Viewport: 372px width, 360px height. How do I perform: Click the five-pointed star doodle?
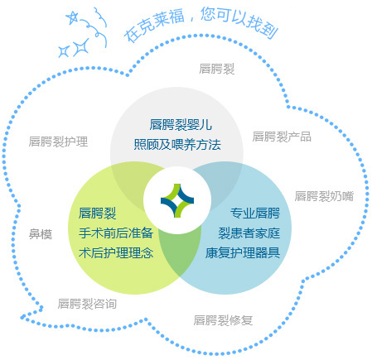click(x=73, y=17)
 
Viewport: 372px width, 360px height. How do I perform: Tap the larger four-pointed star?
click(x=81, y=46)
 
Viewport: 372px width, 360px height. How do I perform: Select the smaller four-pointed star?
click(x=64, y=51)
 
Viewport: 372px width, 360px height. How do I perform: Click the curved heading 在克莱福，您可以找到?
click(x=200, y=24)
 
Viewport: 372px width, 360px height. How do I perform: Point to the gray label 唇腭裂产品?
click(x=282, y=137)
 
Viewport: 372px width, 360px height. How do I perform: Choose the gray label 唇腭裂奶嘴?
click(x=324, y=196)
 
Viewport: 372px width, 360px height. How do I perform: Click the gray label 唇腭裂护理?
click(x=58, y=142)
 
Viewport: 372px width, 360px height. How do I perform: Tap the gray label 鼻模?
click(x=41, y=234)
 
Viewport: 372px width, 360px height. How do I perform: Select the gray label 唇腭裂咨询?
click(x=87, y=304)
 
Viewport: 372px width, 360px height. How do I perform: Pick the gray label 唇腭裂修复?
click(x=223, y=320)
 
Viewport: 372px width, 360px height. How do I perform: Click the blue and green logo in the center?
click(x=177, y=200)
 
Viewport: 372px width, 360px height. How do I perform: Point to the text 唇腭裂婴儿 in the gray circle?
click(x=181, y=125)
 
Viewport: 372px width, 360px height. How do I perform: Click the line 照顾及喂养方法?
click(x=177, y=144)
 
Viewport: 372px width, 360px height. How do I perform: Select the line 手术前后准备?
click(x=116, y=233)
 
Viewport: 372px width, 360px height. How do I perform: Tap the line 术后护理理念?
click(x=116, y=252)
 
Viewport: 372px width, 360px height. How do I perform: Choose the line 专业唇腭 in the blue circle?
click(x=255, y=213)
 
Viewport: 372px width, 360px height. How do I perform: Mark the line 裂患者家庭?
click(x=249, y=233)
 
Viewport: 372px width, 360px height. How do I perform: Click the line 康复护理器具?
click(x=243, y=252)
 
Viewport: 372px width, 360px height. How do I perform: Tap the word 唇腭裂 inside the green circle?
click(x=97, y=213)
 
